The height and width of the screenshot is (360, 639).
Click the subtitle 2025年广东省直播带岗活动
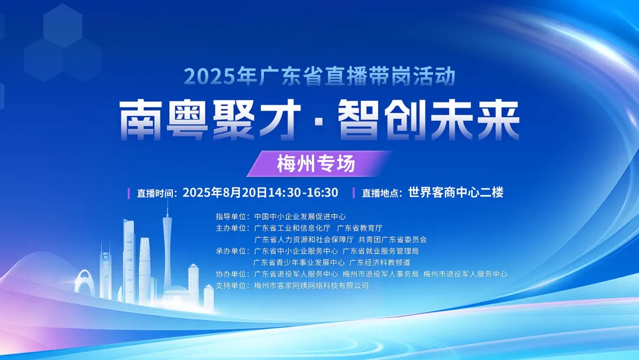tap(319, 76)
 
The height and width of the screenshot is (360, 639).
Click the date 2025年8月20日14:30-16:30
tap(260, 192)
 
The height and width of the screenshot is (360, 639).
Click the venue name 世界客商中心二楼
tap(456, 192)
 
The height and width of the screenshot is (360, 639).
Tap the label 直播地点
tap(382, 193)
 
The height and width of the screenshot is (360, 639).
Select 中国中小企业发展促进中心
tap(300, 217)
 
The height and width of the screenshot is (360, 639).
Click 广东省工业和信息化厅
tap(292, 228)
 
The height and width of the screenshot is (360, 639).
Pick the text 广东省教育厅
tap(360, 228)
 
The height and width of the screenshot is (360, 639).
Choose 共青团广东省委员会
tap(392, 239)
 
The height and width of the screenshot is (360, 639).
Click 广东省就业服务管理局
tap(380, 250)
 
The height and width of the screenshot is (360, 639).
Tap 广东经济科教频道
tap(380, 262)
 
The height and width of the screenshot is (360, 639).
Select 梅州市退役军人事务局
tap(380, 274)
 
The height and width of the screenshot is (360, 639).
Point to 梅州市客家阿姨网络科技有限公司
tap(311, 285)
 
